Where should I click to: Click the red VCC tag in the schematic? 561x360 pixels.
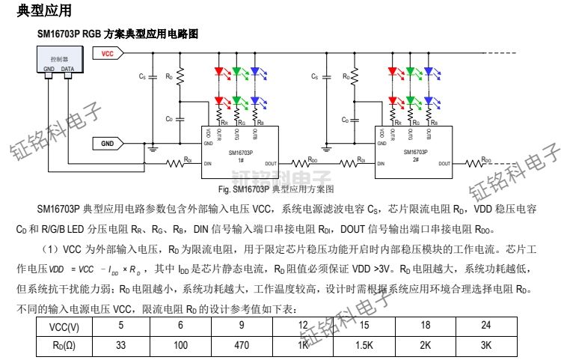coord(107,53)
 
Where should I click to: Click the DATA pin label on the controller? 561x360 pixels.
coord(67,69)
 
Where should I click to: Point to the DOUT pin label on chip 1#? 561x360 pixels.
coord(270,163)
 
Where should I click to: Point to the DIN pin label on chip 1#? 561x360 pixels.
coord(209,163)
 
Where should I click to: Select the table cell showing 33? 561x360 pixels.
coord(120,347)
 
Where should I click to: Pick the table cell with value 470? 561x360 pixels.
coord(241,347)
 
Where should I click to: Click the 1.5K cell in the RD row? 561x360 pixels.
coord(364,347)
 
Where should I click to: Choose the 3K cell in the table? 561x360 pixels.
coord(485,347)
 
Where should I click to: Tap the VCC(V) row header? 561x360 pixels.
coord(64,327)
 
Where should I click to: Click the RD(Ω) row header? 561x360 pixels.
coord(64,347)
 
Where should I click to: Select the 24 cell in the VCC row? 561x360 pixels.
coord(485,327)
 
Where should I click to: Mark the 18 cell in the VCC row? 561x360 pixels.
coord(425,327)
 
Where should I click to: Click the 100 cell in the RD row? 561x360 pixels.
coord(180,347)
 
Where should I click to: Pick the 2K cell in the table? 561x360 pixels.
coord(425,347)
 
